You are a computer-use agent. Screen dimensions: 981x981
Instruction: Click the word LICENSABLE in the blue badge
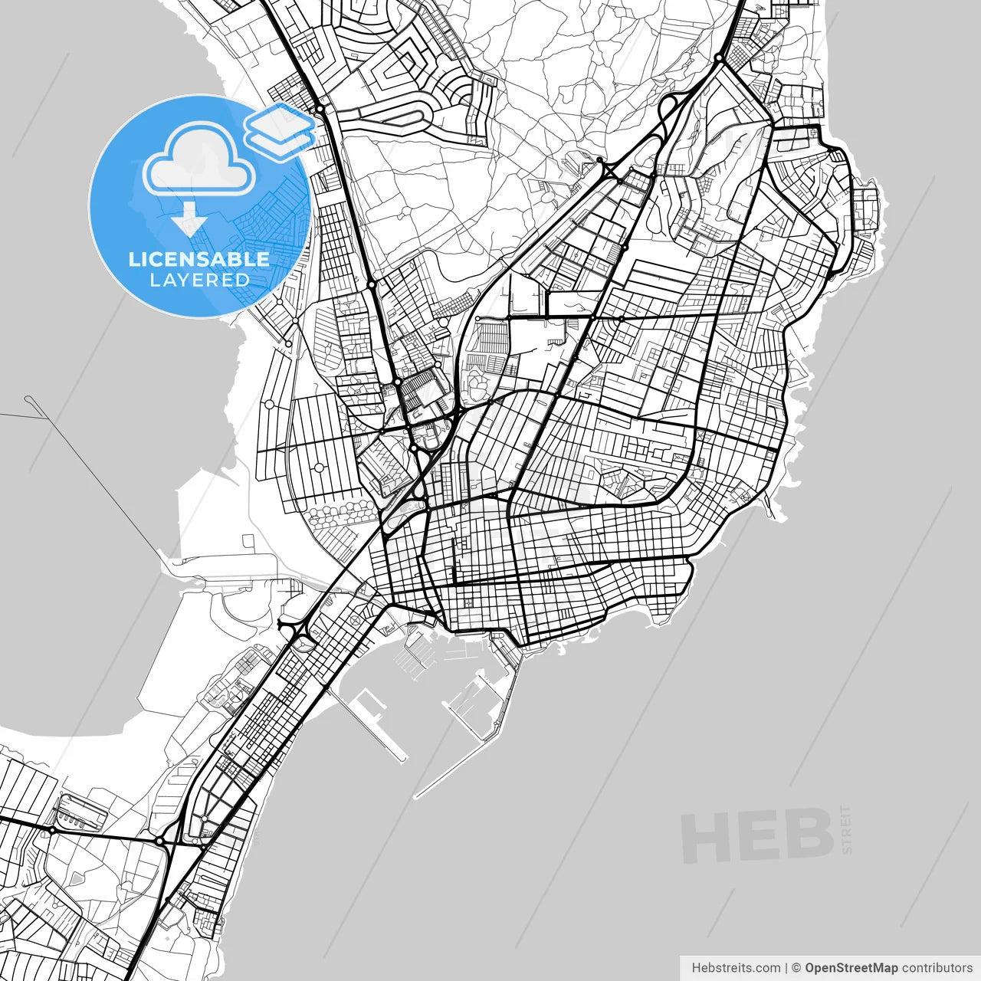(199, 259)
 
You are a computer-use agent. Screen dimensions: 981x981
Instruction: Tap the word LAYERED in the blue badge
(199, 281)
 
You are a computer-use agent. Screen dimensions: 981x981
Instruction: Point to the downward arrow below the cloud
(189, 219)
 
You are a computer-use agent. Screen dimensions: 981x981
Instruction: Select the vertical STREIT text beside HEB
(846, 830)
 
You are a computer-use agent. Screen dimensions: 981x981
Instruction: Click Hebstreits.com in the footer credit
(736, 968)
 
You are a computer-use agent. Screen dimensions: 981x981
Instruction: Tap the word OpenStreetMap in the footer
(851, 968)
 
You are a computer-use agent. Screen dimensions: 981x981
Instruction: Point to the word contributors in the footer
(937, 968)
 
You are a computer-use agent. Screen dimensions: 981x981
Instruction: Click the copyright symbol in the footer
(796, 968)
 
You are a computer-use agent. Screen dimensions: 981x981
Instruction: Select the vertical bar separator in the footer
(786, 968)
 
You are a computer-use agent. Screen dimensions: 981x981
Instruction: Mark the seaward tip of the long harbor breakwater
(416, 796)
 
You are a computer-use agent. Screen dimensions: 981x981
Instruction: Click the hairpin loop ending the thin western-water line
(28, 399)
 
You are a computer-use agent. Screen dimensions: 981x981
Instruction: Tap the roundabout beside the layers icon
(320, 110)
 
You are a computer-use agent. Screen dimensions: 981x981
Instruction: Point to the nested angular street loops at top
(402, 65)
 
